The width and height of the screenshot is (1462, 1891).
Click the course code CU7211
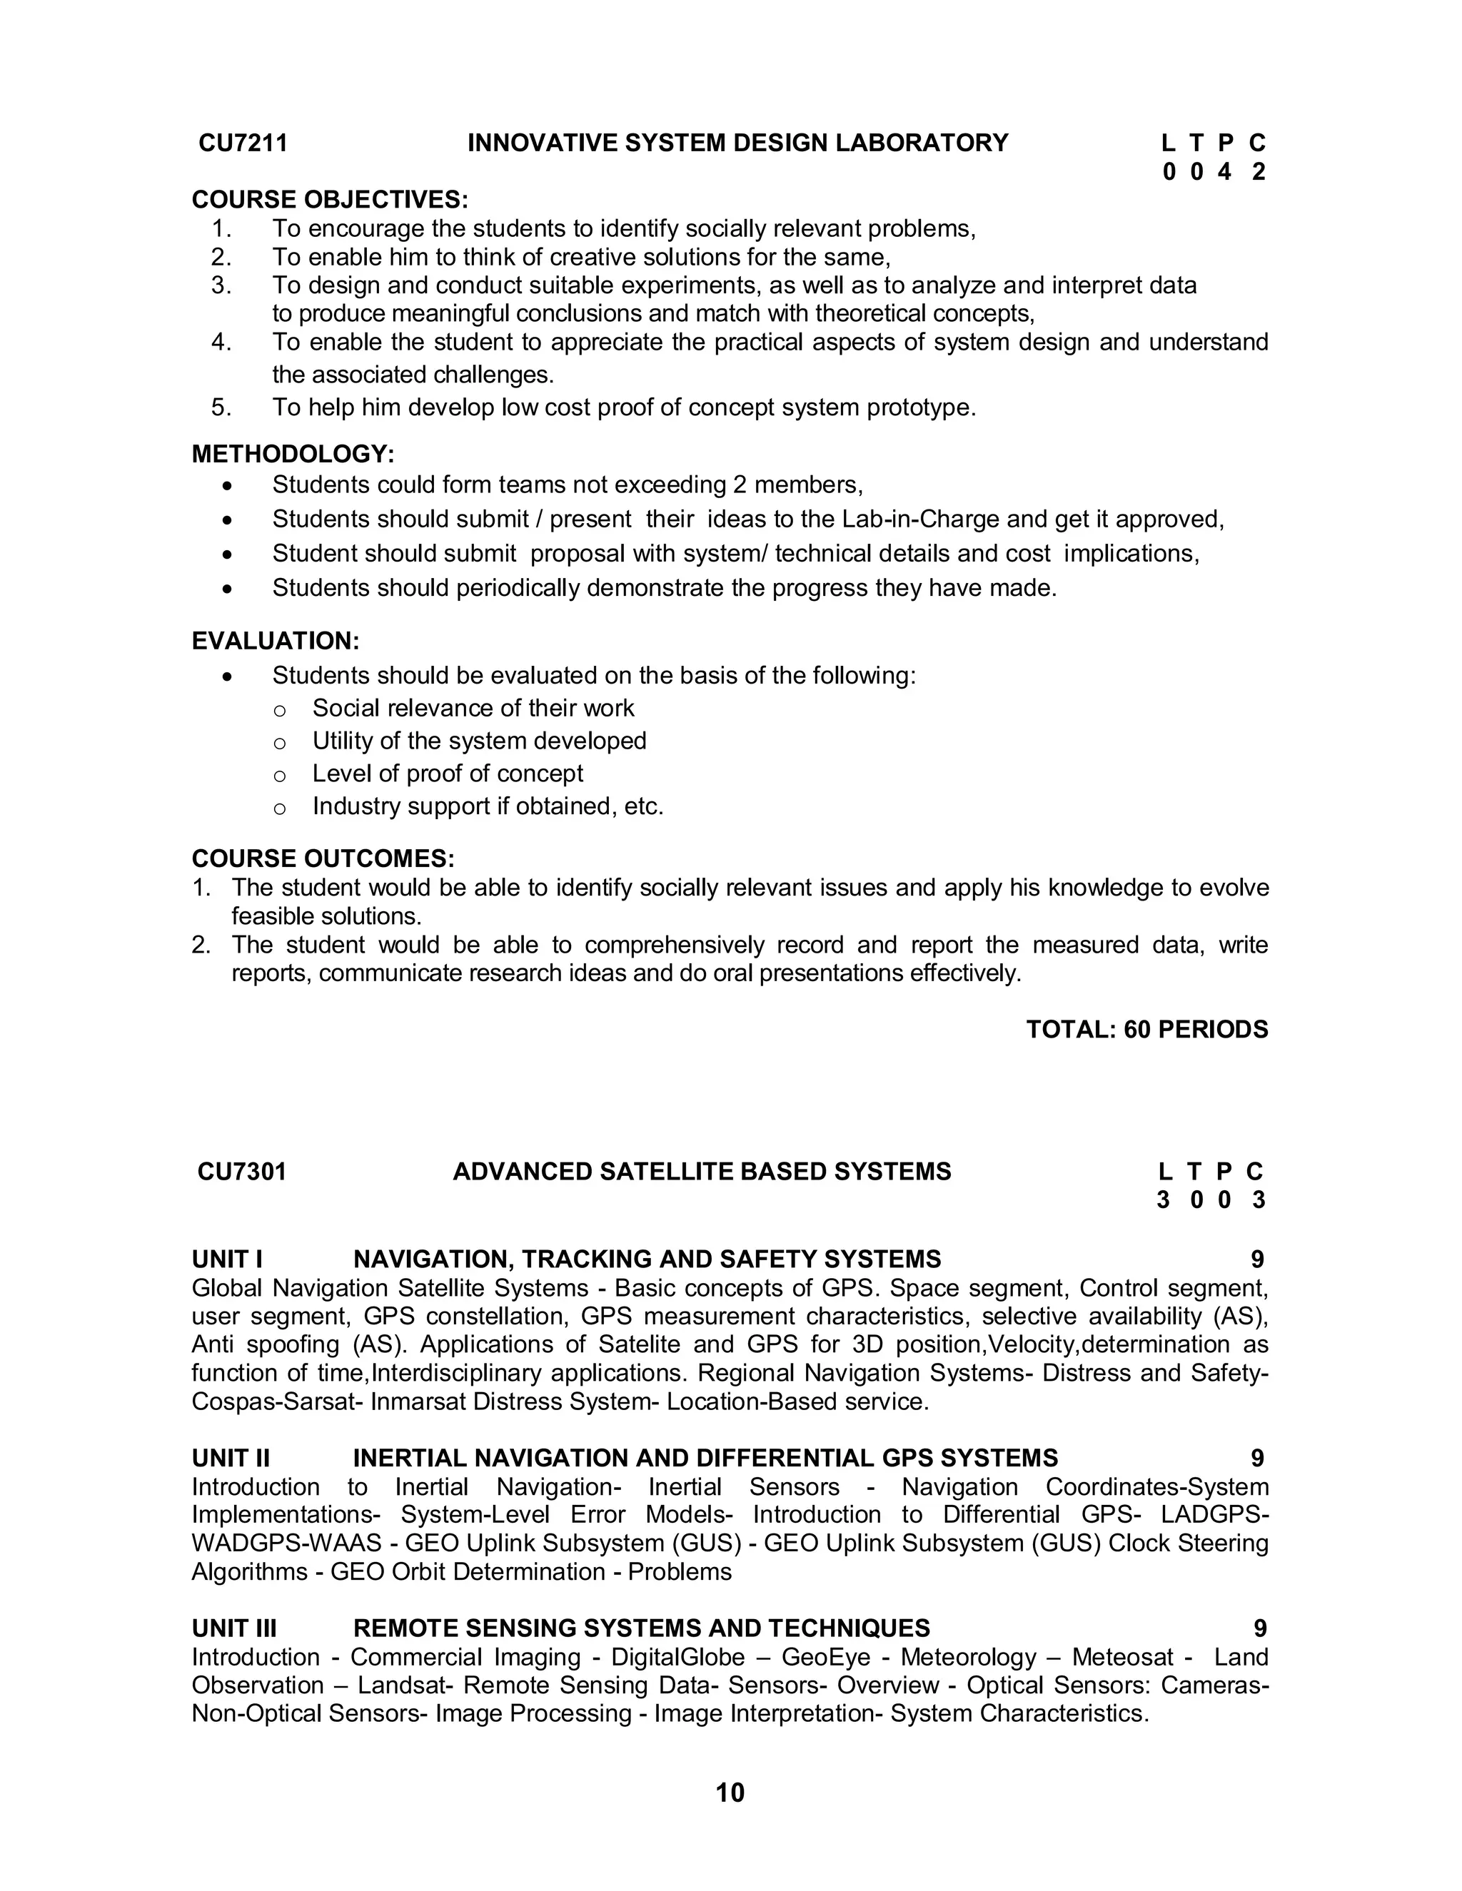click(x=243, y=143)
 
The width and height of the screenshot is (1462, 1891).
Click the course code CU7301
click(x=242, y=1172)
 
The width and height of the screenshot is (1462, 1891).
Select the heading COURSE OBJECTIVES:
click(x=329, y=199)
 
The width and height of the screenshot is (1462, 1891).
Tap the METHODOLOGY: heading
click(x=293, y=454)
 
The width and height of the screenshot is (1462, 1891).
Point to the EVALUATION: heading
click(x=276, y=641)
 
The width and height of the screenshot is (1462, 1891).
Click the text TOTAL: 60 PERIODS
click(x=1146, y=1030)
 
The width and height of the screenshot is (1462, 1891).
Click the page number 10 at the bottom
click(x=730, y=1793)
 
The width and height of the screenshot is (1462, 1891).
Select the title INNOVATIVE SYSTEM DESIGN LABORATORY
click(x=738, y=143)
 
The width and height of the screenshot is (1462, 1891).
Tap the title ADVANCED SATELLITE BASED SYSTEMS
click(x=702, y=1172)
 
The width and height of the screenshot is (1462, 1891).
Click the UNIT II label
click(x=231, y=1458)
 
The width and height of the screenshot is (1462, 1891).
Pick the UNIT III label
click(x=234, y=1628)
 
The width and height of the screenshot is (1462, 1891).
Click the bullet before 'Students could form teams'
click(x=227, y=486)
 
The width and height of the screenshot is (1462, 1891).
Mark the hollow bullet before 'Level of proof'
click(x=279, y=776)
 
